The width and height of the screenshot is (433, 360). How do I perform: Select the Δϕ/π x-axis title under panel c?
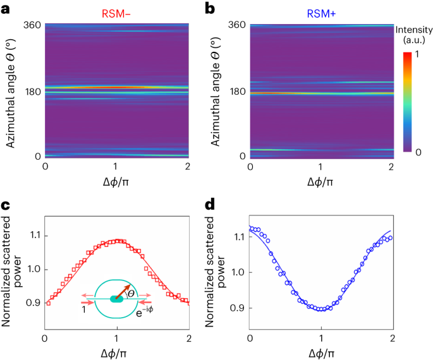coord(116,351)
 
